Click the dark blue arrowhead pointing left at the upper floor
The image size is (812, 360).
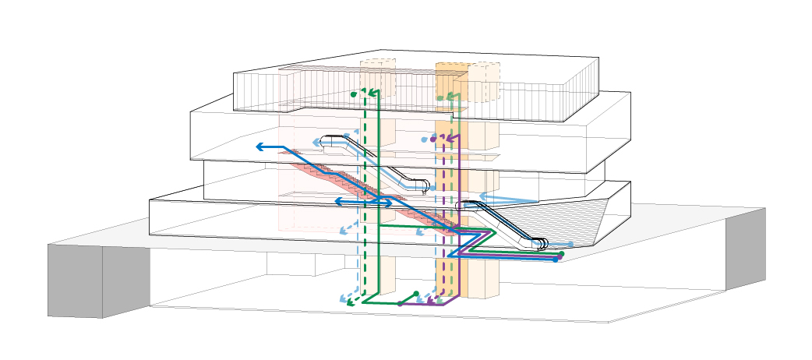(x=259, y=146)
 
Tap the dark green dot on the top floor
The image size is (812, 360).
(x=353, y=94)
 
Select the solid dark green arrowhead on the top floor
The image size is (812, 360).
(x=372, y=93)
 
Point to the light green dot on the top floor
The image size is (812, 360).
(x=440, y=98)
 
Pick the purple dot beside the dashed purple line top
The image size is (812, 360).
(x=433, y=139)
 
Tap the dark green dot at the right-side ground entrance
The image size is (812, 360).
(x=562, y=254)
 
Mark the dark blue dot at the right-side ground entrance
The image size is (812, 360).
(x=555, y=259)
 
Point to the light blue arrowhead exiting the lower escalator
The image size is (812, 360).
(x=482, y=196)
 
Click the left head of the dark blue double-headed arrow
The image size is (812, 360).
(x=337, y=202)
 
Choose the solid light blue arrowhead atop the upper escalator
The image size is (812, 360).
(x=317, y=143)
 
